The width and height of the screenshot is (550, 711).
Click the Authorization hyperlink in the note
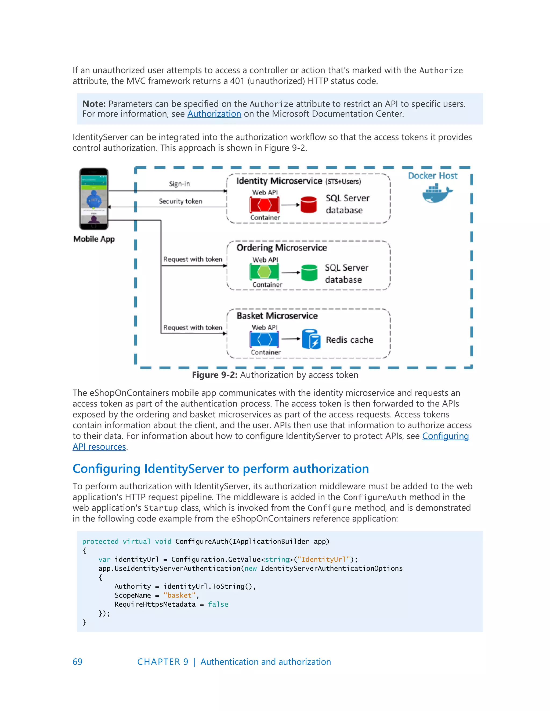(x=214, y=114)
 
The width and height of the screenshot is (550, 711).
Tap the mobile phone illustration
(x=94, y=199)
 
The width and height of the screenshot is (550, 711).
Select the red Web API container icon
(x=264, y=205)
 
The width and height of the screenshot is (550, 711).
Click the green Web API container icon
(x=264, y=272)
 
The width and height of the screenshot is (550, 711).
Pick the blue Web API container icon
(x=264, y=340)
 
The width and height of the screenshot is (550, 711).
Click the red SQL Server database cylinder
(x=308, y=205)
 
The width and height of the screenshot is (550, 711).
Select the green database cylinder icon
(x=309, y=273)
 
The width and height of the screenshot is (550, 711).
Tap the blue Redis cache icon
(x=311, y=339)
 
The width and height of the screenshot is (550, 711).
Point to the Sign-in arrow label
(x=179, y=184)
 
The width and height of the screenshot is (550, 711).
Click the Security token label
(x=180, y=201)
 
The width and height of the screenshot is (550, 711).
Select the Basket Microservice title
(x=277, y=316)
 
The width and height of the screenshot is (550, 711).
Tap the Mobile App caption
(x=94, y=239)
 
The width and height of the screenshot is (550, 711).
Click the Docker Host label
(x=432, y=176)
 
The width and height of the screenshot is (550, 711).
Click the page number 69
(x=78, y=662)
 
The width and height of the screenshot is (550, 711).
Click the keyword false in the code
(x=218, y=604)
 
